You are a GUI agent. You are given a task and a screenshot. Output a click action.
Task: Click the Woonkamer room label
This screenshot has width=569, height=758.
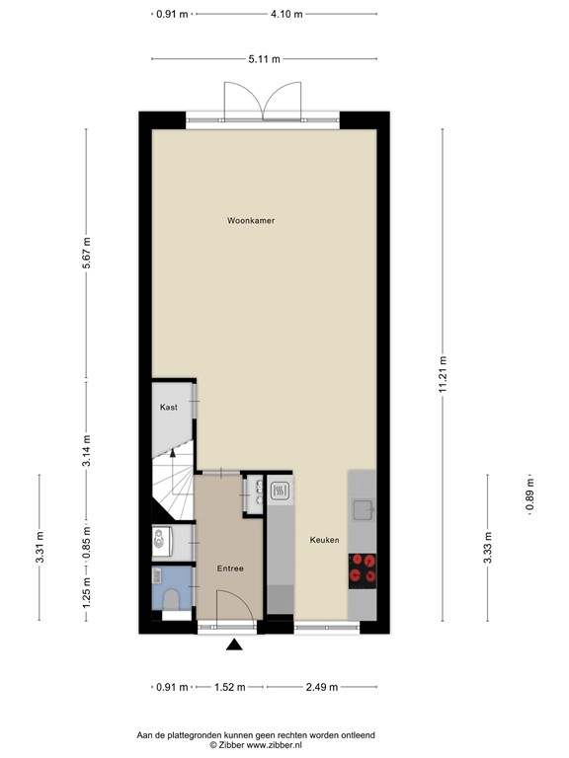pyautogui.click(x=250, y=220)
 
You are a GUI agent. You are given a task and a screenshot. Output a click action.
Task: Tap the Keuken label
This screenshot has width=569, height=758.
pyautogui.click(x=324, y=540)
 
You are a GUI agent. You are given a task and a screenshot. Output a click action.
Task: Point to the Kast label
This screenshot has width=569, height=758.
pyautogui.click(x=168, y=407)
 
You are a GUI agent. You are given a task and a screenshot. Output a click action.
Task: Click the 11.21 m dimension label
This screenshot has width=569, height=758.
pyautogui.click(x=443, y=373)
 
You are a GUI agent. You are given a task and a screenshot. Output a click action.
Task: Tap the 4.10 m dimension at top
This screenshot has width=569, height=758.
pyautogui.click(x=286, y=15)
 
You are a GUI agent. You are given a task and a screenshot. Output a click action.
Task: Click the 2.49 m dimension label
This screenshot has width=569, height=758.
pyautogui.click(x=320, y=687)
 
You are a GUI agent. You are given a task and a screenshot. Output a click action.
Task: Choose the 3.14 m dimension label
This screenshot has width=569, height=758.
pyautogui.click(x=87, y=451)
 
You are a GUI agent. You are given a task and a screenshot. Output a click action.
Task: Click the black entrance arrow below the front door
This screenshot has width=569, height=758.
pyautogui.click(x=234, y=645)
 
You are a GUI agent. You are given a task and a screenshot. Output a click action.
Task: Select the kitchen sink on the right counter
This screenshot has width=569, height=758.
pyautogui.click(x=364, y=509)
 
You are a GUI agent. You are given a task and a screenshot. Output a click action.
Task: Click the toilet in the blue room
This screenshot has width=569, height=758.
pyautogui.click(x=170, y=597)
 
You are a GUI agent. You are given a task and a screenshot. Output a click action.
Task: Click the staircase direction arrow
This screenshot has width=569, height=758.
pyautogui.click(x=174, y=454)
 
